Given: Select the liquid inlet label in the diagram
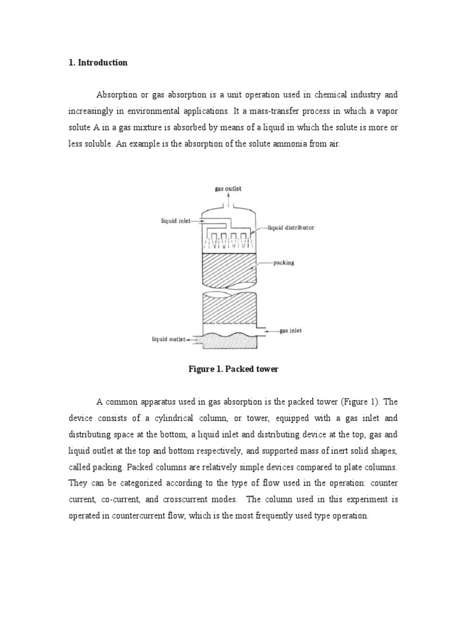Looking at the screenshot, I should (x=175, y=221).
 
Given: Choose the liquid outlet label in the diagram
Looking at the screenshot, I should (x=168, y=339).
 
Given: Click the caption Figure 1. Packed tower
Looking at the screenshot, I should (x=234, y=369).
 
